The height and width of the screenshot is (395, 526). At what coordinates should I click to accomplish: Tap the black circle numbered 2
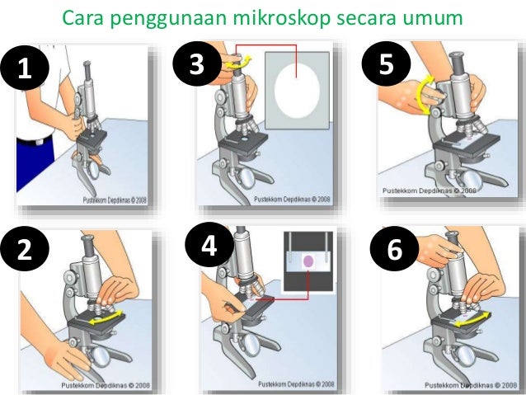tap(25, 247)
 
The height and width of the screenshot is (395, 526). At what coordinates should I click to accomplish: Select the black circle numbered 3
tap(197, 63)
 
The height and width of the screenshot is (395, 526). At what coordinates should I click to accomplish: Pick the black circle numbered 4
tap(209, 244)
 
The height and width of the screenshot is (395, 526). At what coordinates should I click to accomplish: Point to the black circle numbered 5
tap(386, 63)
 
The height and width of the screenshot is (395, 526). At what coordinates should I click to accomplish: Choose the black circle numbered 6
tap(394, 248)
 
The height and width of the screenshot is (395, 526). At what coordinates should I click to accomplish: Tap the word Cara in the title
tap(82, 18)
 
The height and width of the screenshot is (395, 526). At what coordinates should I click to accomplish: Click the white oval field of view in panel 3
tap(297, 90)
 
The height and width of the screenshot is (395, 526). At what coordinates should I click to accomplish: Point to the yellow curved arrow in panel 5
tap(423, 96)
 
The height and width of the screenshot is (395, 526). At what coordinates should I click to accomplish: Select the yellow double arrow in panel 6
tap(472, 319)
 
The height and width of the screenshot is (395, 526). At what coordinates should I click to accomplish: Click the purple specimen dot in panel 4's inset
tap(308, 261)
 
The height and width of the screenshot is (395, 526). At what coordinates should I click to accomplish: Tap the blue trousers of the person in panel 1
tap(35, 164)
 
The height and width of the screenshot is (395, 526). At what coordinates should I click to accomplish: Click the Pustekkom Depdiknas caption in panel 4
tap(296, 383)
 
